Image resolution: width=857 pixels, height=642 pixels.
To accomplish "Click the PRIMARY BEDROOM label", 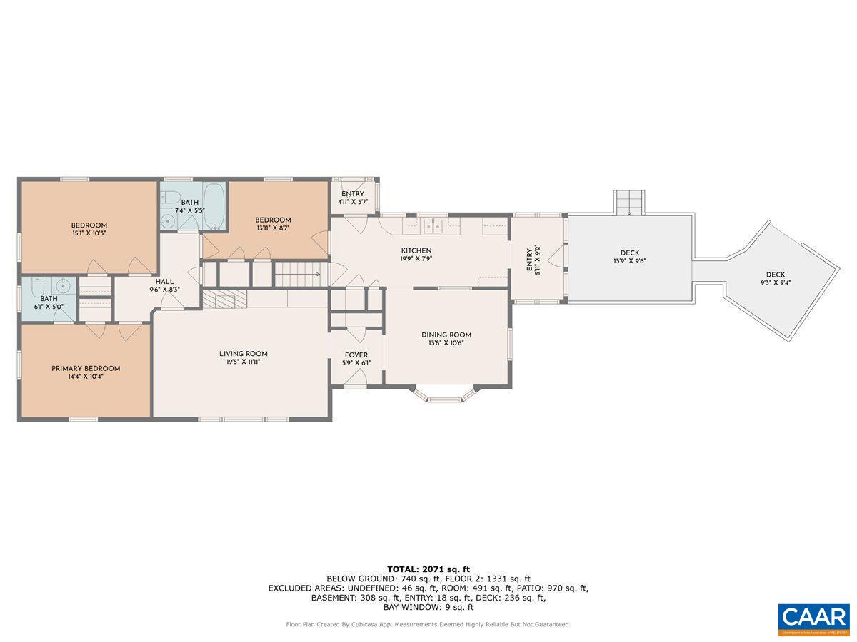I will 86,368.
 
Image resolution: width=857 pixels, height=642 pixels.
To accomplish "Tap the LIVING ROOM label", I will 243,353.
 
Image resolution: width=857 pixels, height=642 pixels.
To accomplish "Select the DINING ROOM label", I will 446,335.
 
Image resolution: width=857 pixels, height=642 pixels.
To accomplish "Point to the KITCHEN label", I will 416,250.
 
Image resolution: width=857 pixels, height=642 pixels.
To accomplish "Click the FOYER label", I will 356,355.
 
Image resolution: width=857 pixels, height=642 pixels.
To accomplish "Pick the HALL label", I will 164,282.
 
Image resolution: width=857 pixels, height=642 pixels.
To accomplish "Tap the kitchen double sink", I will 433,226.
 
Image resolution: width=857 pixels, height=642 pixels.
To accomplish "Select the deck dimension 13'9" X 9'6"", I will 629,261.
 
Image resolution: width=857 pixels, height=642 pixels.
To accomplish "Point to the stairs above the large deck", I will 629,202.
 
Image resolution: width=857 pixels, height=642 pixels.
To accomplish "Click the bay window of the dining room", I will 445,394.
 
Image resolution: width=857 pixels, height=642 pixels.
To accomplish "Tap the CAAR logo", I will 813,618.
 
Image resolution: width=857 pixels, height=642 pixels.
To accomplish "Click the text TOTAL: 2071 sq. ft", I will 428,569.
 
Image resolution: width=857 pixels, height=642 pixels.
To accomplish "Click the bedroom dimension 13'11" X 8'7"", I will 273,228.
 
